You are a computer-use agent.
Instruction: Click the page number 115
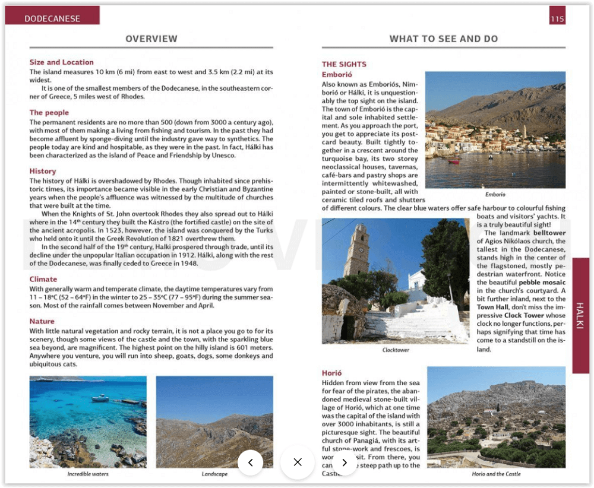click(557, 19)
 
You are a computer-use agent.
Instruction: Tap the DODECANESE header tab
click(52, 18)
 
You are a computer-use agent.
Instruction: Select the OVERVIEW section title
click(151, 39)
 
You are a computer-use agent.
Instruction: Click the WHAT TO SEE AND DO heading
click(443, 39)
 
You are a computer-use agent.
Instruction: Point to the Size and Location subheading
click(62, 62)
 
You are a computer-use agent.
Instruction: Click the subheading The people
click(49, 113)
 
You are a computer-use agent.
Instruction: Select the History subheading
click(43, 172)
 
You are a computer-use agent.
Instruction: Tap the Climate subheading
click(43, 280)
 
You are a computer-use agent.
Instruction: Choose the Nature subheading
click(42, 322)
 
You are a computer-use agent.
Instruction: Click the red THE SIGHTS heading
click(344, 65)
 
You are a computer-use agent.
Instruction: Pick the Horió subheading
click(331, 373)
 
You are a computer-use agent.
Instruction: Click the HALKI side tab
click(580, 315)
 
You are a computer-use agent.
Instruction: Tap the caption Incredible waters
click(88, 474)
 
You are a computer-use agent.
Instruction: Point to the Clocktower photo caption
click(396, 350)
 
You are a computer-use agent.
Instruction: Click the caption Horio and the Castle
click(496, 474)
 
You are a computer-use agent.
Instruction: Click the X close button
click(298, 462)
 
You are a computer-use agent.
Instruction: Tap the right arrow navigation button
click(344, 462)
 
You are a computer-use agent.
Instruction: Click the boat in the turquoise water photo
click(100, 398)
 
